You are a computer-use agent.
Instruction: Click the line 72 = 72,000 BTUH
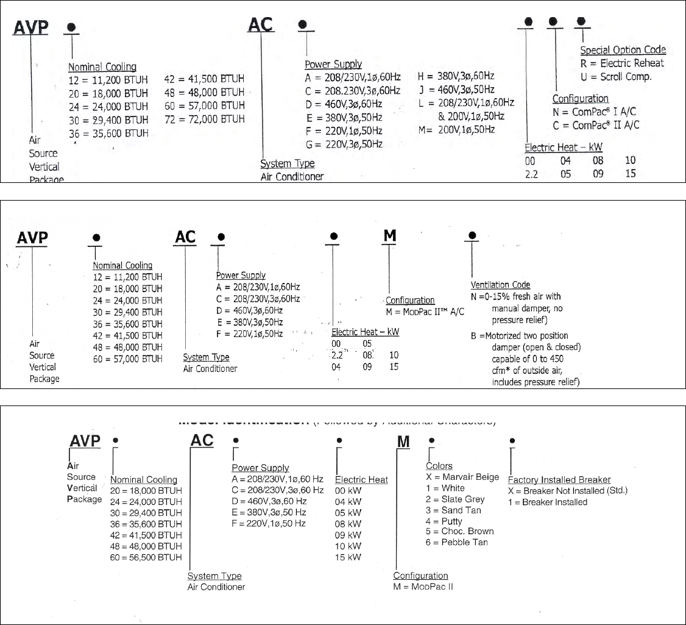[205, 118]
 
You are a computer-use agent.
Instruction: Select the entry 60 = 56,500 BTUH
[146, 557]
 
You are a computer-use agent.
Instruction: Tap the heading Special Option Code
[623, 50]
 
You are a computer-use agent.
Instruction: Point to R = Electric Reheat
[623, 63]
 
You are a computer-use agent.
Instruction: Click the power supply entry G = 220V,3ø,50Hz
[344, 144]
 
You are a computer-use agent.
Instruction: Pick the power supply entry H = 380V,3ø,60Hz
[456, 76]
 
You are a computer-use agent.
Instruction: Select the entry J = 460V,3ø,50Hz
[456, 90]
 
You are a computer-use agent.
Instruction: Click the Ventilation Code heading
[500, 285]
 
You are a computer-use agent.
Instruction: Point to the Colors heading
[439, 466]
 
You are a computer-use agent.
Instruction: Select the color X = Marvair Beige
[462, 477]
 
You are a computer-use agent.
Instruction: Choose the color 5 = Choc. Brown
[459, 531]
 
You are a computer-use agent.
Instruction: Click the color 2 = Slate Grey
[455, 499]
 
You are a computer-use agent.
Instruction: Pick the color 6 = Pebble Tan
[456, 542]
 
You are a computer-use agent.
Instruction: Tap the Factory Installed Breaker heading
[559, 480]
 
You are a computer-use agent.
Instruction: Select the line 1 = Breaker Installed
[547, 502]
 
